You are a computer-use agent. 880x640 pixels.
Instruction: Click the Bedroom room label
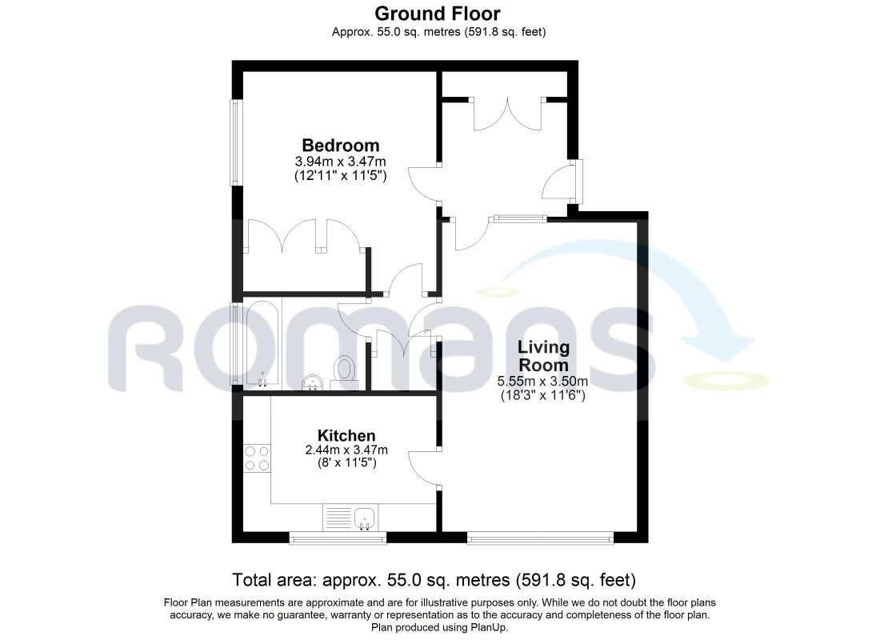(340, 146)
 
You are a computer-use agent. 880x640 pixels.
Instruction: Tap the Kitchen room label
(346, 436)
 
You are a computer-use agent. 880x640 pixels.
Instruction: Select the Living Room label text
(543, 356)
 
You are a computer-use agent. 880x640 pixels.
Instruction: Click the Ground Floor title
(437, 13)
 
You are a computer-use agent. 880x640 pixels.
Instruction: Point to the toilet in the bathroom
(344, 371)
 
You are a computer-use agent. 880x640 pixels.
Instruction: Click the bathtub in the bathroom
(262, 344)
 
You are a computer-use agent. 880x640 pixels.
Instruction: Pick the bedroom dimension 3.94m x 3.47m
(340, 162)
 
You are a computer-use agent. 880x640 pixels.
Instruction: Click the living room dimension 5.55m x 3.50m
(542, 382)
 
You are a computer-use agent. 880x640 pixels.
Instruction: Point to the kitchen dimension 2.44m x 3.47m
(346, 450)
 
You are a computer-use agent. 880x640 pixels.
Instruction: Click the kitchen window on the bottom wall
(338, 538)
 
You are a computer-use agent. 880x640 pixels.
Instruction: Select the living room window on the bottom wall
(540, 538)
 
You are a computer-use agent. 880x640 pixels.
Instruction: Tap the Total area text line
(434, 579)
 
